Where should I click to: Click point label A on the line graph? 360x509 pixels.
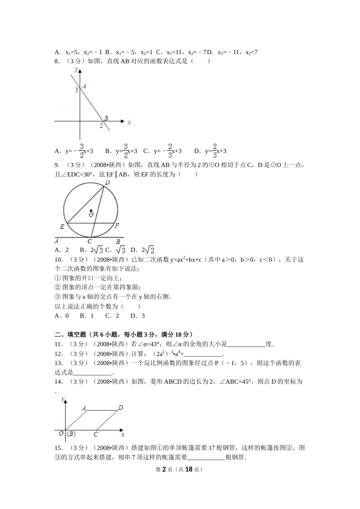pos(84,86)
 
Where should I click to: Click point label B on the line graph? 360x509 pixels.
pos(106,118)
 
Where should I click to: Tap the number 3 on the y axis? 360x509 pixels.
pos(76,90)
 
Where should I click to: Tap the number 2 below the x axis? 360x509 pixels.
pos(101,126)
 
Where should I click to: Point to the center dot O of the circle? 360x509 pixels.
pos(91,211)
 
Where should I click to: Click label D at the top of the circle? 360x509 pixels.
pos(107,183)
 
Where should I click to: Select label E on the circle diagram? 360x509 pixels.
pos(62,226)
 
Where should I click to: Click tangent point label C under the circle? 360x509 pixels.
pos(89,241)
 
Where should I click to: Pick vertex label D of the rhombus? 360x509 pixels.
pos(120,408)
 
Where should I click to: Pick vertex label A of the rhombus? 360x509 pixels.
pos(84,408)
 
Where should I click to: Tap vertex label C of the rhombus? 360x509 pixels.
pos(96,434)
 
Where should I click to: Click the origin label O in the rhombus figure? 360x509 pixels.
pos(61,434)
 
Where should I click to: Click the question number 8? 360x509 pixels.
pos(57,61)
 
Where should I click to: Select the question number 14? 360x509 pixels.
pos(58,382)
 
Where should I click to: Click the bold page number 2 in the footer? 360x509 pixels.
pos(164,469)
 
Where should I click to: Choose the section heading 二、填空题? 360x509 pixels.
pos(70,334)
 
